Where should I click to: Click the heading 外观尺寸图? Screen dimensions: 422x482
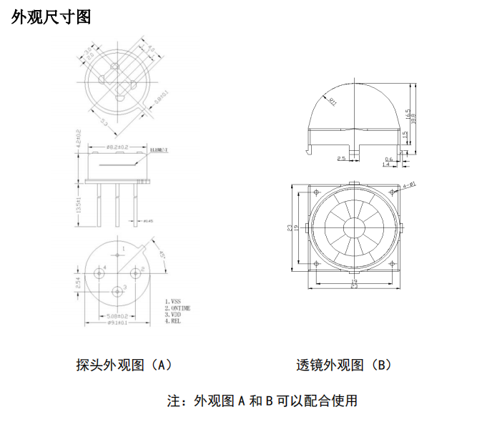tap(51, 17)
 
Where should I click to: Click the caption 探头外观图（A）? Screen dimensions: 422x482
tap(124, 365)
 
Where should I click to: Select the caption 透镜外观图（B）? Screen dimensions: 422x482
tap(344, 365)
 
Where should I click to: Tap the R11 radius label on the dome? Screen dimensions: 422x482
tap(333, 101)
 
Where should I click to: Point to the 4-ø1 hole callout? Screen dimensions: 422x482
tap(409, 185)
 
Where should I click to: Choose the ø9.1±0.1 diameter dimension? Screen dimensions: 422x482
tap(117, 323)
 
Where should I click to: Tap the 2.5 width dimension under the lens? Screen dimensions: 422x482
tap(341, 158)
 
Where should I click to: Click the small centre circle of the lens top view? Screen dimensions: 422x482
tap(353, 228)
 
